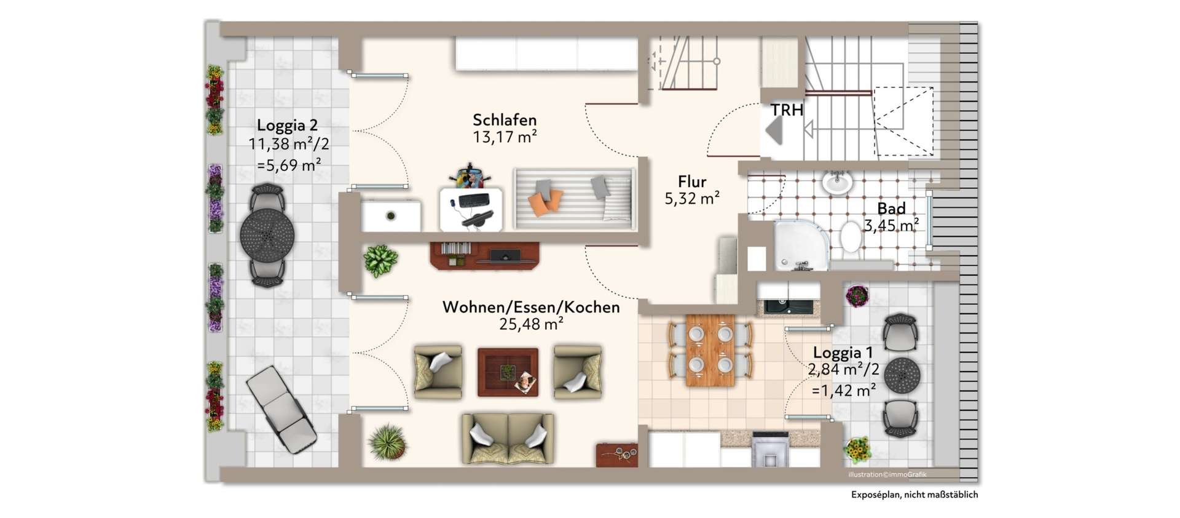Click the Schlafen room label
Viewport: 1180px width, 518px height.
pos(504,120)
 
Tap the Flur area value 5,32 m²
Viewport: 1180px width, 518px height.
pos(692,199)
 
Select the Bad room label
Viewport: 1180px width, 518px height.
pos(891,209)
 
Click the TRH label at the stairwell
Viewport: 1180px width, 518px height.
pos(787,111)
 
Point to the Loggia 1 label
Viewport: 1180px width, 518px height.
pos(843,353)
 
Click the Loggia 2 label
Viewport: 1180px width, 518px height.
pos(287,126)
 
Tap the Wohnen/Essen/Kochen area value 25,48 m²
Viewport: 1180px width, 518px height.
pos(531,324)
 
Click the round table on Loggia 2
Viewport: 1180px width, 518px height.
pos(267,235)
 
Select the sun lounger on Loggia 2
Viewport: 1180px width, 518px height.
pos(281,408)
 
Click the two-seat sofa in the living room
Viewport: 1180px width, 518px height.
pos(508,437)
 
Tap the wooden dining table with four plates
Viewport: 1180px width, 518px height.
pos(710,350)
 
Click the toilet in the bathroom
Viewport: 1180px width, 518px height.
pos(850,236)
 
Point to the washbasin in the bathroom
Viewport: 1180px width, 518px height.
pos(837,182)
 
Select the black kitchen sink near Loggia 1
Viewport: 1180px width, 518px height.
pos(787,306)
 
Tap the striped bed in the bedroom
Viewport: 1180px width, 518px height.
pos(574,198)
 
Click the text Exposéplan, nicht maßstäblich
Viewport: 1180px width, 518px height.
pos(914,495)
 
